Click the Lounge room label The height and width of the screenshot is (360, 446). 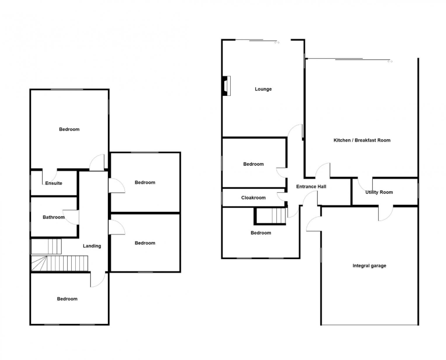pyautogui.click(x=263, y=89)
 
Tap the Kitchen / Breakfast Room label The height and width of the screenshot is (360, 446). pyautogui.click(x=362, y=140)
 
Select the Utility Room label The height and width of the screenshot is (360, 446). pyautogui.click(x=379, y=192)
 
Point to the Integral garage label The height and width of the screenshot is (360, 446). pyautogui.click(x=369, y=266)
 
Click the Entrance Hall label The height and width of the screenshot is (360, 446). pyautogui.click(x=311, y=187)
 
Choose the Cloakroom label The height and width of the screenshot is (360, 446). pyautogui.click(x=253, y=198)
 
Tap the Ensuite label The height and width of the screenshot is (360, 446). pyautogui.click(x=54, y=183)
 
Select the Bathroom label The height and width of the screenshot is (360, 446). pyautogui.click(x=54, y=217)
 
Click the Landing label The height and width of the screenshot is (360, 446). pyautogui.click(x=92, y=246)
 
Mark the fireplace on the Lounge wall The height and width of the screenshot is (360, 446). pyautogui.click(x=227, y=85)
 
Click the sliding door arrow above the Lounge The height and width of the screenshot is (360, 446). pyautogui.click(x=276, y=43)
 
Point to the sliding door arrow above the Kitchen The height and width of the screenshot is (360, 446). pyautogui.click(x=390, y=62)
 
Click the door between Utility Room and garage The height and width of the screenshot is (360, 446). pyautogui.click(x=384, y=213)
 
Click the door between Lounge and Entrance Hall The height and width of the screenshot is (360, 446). pyautogui.click(x=295, y=132)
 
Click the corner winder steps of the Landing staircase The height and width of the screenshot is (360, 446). pyautogui.click(x=39, y=264)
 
